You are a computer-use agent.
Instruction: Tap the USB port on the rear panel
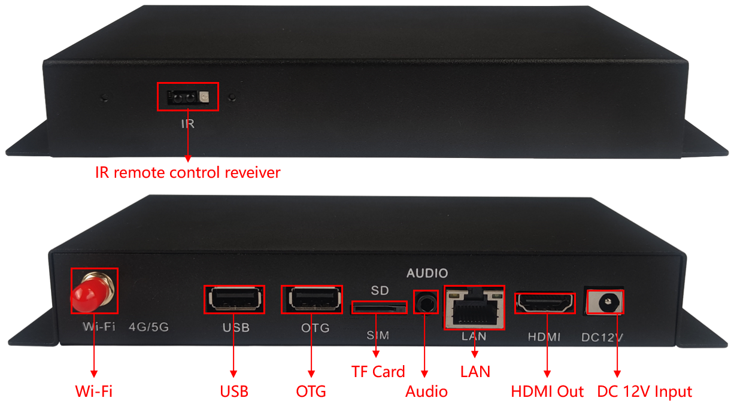(x=235, y=299)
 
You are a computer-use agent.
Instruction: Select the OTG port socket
(x=312, y=299)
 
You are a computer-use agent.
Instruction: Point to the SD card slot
(x=378, y=308)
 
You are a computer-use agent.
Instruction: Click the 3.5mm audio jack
(x=426, y=303)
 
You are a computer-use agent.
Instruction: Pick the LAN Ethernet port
(x=474, y=306)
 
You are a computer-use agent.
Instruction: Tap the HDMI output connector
(x=545, y=303)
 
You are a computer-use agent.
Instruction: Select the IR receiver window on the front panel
(x=188, y=96)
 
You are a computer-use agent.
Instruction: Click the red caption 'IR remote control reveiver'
(x=188, y=173)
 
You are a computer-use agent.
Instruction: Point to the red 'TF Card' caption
(x=378, y=372)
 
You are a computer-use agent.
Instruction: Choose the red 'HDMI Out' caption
(x=547, y=392)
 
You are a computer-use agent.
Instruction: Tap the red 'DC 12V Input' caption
(x=645, y=392)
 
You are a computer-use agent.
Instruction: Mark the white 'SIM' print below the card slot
(x=378, y=336)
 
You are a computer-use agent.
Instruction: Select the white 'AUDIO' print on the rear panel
(x=427, y=274)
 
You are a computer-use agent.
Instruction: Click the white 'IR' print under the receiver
(x=187, y=124)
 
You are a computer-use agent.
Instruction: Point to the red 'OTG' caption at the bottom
(x=311, y=392)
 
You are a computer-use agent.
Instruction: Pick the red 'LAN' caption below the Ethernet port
(x=475, y=372)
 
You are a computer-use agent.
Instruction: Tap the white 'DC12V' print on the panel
(x=602, y=338)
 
